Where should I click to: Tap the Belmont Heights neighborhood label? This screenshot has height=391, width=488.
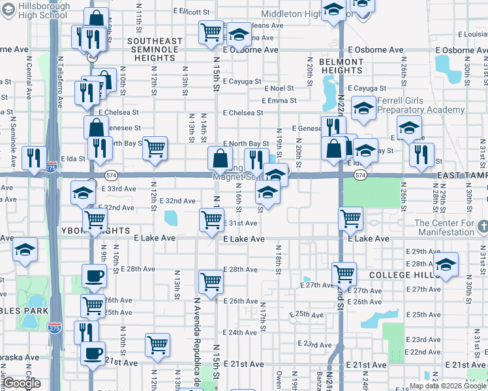341,66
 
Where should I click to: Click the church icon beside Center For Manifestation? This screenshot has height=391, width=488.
482,226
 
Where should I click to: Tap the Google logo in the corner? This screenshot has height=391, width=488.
22,383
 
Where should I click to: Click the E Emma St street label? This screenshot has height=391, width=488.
279,101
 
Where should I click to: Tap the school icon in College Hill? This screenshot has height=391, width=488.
446,264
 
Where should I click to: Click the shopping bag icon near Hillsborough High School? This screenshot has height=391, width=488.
97,18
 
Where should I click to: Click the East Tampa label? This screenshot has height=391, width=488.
462,176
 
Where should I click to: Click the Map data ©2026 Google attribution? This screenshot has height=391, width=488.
447,386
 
